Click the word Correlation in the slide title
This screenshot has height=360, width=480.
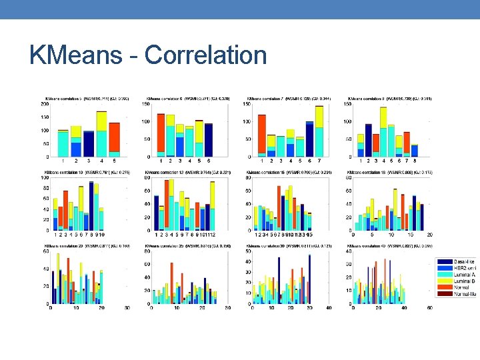point(205,55)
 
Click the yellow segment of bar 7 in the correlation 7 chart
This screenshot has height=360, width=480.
point(319,116)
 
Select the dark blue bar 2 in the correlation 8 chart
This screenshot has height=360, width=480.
point(369,140)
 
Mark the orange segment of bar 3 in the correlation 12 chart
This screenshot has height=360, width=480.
point(171,200)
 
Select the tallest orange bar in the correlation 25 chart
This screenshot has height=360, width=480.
point(171,275)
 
